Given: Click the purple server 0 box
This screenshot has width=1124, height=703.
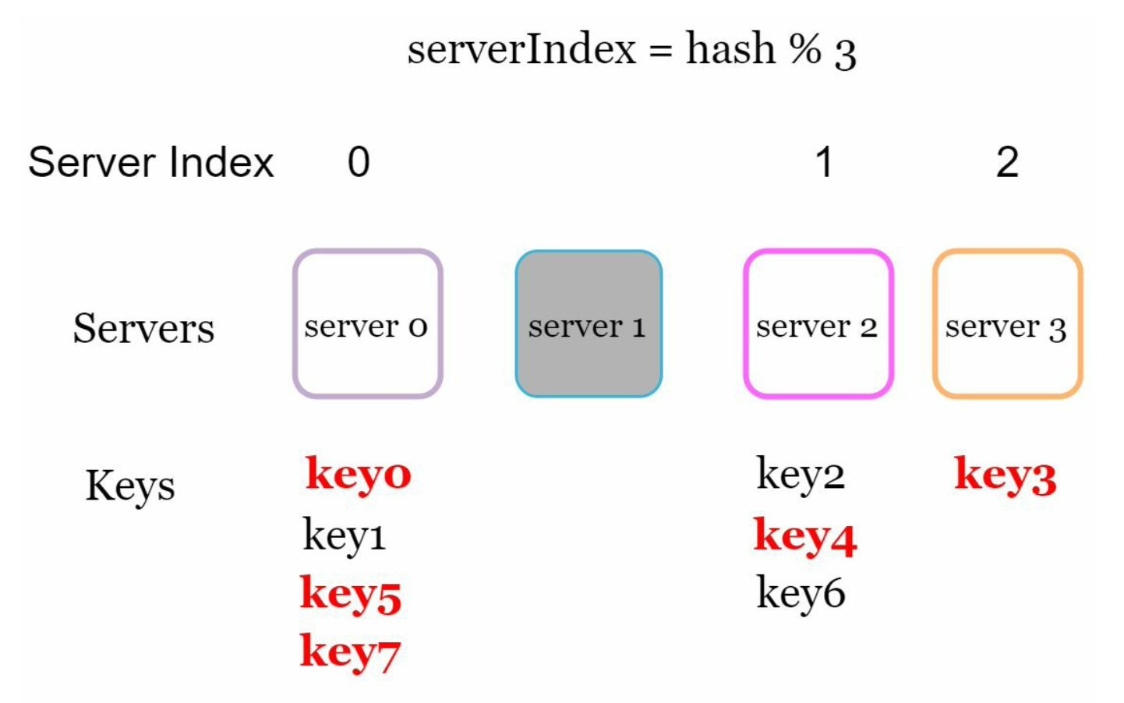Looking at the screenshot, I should point(367,323).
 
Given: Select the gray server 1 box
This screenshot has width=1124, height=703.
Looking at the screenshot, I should point(589,323).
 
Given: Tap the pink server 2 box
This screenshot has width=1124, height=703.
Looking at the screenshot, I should point(818,323).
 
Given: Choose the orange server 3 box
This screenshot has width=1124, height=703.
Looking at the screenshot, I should point(1007,323).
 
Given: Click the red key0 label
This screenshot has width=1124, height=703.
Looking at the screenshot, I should point(358,475).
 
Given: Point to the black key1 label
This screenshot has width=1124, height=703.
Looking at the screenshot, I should point(345,535).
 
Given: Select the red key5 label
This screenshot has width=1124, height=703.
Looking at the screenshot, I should point(351,594).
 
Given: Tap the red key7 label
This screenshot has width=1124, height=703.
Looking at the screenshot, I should point(350,652).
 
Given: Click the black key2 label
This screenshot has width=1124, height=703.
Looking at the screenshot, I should point(801,475).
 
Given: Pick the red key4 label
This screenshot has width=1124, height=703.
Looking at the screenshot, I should point(805,536).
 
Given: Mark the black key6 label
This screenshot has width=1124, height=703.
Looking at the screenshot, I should point(801,594).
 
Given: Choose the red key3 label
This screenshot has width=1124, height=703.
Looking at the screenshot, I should point(1006,475).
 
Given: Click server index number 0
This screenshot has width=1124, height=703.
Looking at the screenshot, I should point(359,162).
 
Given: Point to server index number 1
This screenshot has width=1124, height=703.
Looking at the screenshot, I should point(824,162).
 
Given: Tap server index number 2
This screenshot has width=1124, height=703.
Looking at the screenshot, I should point(1007,162).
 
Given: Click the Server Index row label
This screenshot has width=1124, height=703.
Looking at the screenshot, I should point(151,162).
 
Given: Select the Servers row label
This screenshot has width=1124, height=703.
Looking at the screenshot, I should point(143,328).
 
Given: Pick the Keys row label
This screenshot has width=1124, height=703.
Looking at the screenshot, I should point(130,486).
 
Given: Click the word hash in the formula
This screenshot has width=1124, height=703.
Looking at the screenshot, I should point(730,49).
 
